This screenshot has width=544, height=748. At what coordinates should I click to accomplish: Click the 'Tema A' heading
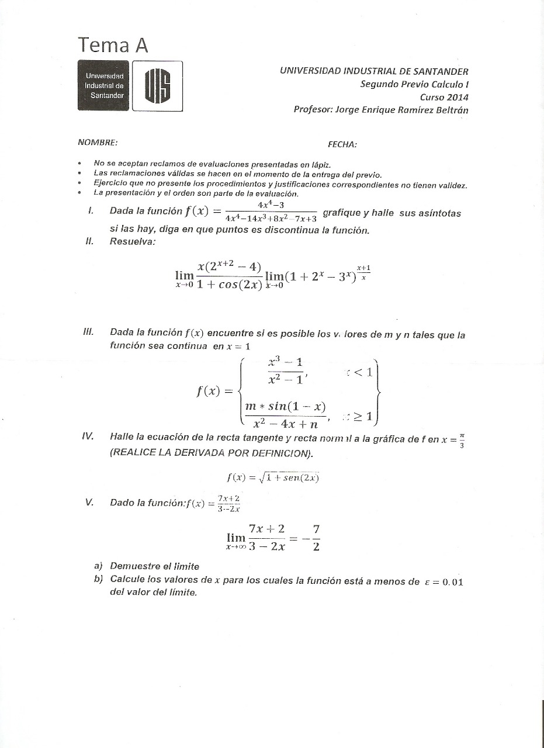click(113, 45)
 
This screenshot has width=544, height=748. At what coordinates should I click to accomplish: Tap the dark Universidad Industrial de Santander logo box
click(103, 85)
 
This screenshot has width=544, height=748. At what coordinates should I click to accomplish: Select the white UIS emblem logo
click(157, 85)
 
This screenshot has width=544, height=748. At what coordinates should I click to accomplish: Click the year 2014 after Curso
click(456, 97)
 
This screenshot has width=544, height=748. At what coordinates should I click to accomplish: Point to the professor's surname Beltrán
click(452, 110)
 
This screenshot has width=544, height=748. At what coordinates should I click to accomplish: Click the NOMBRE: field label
click(97, 142)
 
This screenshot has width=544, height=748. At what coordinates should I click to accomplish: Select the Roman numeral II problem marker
click(89, 242)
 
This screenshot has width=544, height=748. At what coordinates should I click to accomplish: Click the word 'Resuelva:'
click(133, 242)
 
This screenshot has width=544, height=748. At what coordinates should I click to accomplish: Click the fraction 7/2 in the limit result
click(316, 538)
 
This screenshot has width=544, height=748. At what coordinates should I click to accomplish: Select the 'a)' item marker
click(98, 566)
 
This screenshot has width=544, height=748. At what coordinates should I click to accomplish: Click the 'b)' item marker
click(98, 580)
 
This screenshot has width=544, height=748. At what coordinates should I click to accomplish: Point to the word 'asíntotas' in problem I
click(439, 213)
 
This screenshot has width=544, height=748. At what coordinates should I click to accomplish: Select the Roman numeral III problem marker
click(89, 332)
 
